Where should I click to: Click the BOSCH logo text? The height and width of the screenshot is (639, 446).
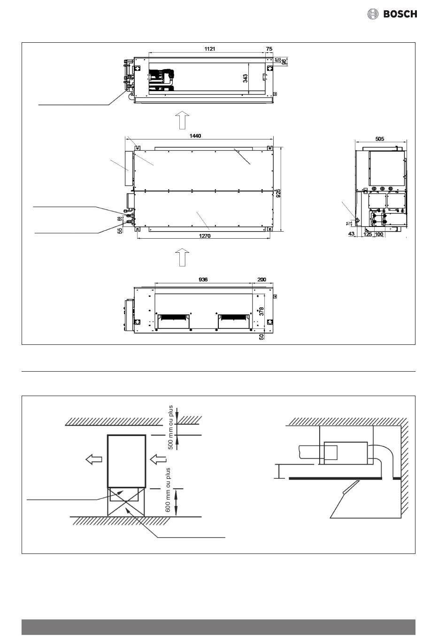click(400, 14)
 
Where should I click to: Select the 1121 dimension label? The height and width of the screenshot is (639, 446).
click(209, 48)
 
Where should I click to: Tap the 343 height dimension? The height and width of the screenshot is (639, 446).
click(245, 78)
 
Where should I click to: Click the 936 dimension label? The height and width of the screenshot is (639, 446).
click(203, 279)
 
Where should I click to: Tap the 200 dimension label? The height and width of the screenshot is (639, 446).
click(261, 279)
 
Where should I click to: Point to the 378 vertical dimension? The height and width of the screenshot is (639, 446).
click(262, 311)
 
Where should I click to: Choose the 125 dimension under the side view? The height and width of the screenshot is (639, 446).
click(368, 234)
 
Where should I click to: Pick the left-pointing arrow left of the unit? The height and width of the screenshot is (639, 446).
click(94, 459)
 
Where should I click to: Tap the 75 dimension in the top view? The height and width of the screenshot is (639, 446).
click(269, 48)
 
